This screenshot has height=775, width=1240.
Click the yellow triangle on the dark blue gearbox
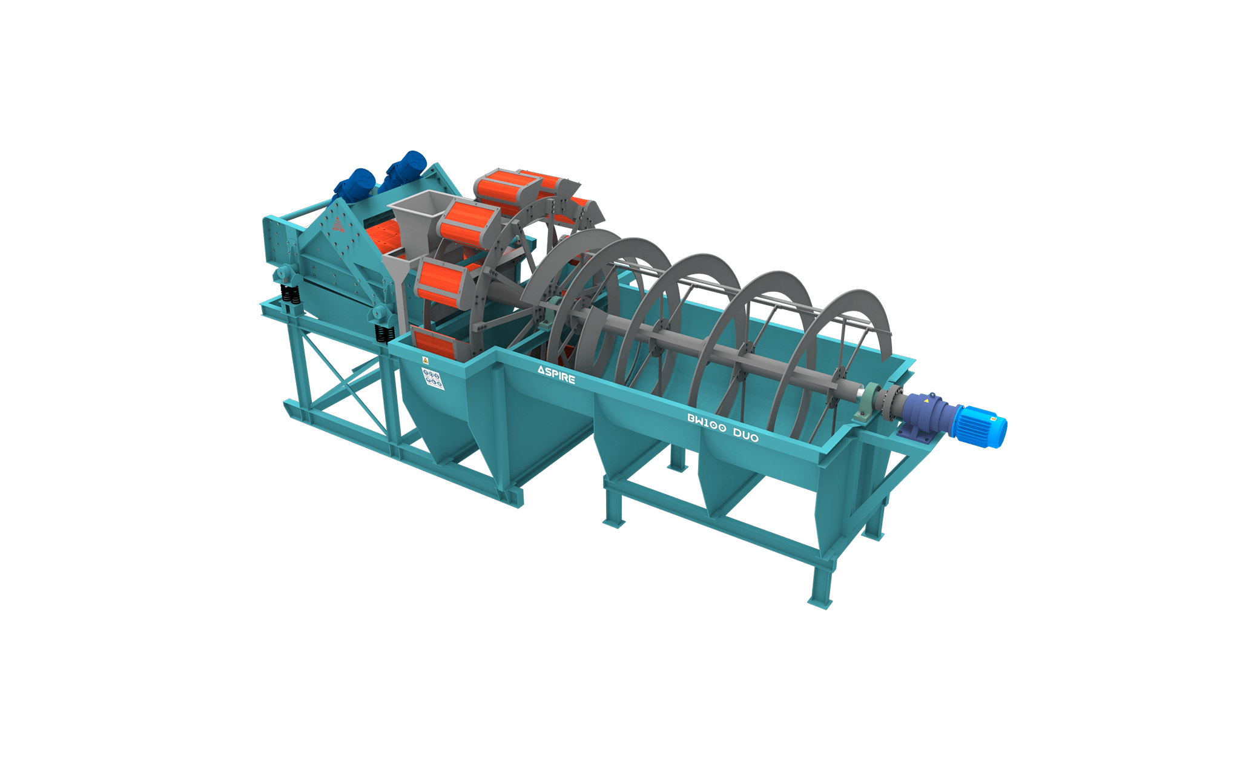926,400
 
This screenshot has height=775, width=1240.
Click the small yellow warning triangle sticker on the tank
426,360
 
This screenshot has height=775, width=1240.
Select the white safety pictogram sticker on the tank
432,379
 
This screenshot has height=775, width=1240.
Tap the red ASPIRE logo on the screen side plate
338,225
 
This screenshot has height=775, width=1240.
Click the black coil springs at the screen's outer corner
291,295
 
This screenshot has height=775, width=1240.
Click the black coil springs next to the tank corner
383,334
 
